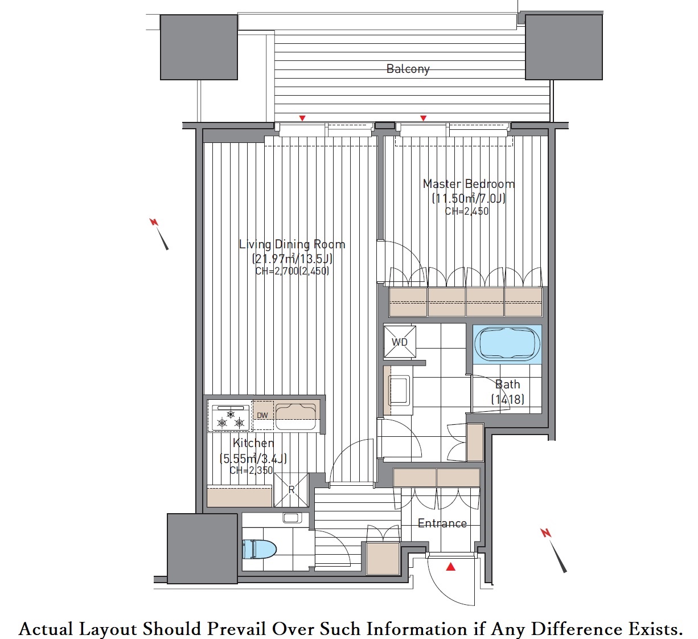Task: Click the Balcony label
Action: click(x=408, y=69)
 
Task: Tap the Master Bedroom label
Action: click(x=469, y=183)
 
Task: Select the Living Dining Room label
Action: click(x=292, y=244)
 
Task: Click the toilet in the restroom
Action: click(x=259, y=549)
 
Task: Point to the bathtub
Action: click(x=507, y=344)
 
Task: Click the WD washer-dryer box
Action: click(x=400, y=342)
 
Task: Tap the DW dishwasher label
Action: click(x=262, y=415)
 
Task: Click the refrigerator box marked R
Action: click(x=291, y=490)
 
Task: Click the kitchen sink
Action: click(x=295, y=417)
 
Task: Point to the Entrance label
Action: click(x=442, y=523)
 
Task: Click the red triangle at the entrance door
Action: click(x=450, y=567)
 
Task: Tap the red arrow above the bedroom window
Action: click(x=423, y=118)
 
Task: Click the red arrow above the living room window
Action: click(x=302, y=118)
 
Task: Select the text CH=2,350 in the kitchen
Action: click(x=251, y=470)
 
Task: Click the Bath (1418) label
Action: click(x=508, y=392)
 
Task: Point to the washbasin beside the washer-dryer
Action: click(x=399, y=390)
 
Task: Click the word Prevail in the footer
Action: click(x=237, y=629)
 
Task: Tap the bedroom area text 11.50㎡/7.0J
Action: click(x=469, y=199)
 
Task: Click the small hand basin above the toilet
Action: click(x=292, y=518)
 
